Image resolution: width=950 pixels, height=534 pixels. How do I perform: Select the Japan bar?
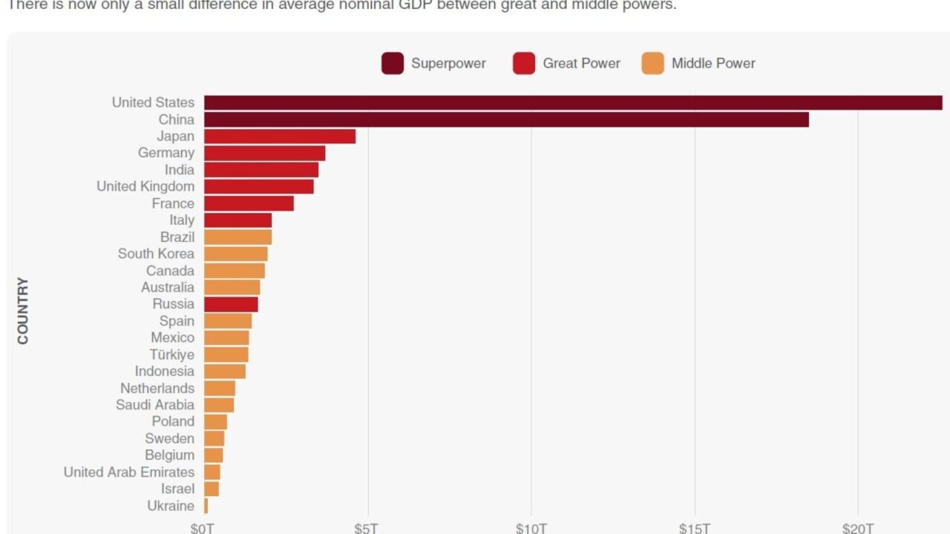pos(280,136)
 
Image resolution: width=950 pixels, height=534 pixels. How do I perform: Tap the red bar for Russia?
pos(231,304)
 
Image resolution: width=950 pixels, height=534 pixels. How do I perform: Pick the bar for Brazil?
pos(237,237)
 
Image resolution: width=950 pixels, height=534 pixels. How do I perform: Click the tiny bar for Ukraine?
pos(206,506)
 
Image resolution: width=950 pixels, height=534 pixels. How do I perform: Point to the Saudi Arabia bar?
pos(219,405)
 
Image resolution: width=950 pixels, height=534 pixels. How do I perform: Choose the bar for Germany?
pos(264,153)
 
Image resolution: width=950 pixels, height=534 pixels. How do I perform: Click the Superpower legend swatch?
pos(393,63)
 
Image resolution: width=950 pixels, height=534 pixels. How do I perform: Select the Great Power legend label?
pos(581,63)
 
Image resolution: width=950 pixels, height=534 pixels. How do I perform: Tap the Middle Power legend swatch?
pos(652,63)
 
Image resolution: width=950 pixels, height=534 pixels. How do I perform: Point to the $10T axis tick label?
pos(531,528)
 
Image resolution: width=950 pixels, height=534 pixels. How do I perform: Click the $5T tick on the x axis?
pos(367,528)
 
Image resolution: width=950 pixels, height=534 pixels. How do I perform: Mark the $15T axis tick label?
pos(695,528)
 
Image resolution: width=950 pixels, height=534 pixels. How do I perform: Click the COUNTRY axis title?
pos(23,311)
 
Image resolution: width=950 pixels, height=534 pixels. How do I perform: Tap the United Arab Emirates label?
pos(129,472)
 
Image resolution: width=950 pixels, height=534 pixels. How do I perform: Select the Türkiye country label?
pos(171,355)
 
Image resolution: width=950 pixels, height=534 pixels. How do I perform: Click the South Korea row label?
pos(156,254)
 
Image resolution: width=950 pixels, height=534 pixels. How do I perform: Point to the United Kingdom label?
pos(145,186)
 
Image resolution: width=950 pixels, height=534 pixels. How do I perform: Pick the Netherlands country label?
pos(157,388)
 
